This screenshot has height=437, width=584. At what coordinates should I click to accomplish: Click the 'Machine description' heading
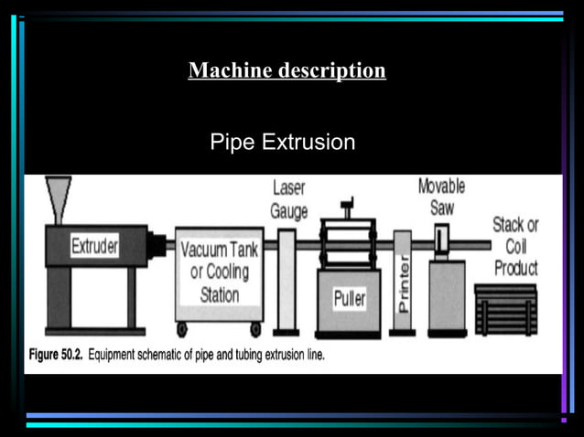pos(287,70)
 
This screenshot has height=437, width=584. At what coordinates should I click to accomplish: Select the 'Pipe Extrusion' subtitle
pos(282,144)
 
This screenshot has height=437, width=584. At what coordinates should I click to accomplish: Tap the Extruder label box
pos(95,246)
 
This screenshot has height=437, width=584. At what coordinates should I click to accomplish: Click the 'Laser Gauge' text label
pos(288,199)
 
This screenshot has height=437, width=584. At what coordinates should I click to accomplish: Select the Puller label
pos(349,299)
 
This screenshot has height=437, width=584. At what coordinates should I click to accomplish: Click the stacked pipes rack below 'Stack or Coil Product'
pos(505,311)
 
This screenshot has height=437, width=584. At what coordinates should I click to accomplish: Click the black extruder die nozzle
pos(159,245)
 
